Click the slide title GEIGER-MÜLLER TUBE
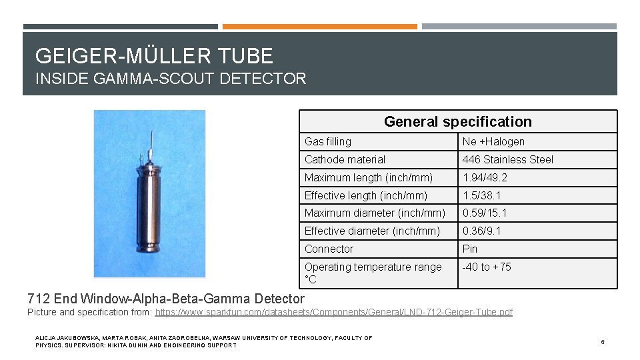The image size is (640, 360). [x=154, y=55]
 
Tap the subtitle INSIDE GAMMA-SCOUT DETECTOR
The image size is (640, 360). [x=171, y=79]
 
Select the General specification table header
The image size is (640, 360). [x=457, y=121]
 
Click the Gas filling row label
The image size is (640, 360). [x=328, y=141]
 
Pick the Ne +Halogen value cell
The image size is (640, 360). [x=493, y=141]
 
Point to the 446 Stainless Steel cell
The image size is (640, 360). [x=508, y=159]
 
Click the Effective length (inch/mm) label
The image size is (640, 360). [x=366, y=195]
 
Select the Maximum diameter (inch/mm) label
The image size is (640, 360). [x=375, y=213]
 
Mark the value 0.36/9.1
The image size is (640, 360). [x=482, y=231]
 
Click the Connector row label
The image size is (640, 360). [x=329, y=249]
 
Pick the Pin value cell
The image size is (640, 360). [x=471, y=249]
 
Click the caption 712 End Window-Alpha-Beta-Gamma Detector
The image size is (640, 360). [x=166, y=299]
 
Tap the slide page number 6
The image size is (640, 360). [x=602, y=342]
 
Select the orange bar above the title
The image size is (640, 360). [x=319, y=27]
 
